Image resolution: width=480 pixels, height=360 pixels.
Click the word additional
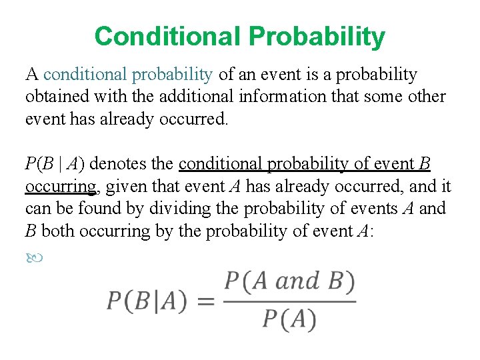tap(193, 97)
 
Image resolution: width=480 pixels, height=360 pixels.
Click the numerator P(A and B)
tap(289, 281)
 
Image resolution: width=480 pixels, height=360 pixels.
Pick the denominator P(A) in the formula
tap(289, 320)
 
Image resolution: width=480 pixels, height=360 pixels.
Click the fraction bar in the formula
tap(289, 301)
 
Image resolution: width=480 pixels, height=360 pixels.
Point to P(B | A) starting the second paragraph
tap(57, 164)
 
